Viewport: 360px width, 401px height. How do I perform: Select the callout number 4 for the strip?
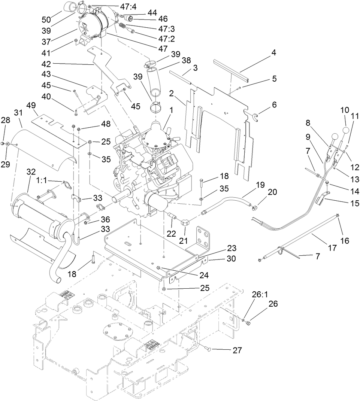tap(274, 52)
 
